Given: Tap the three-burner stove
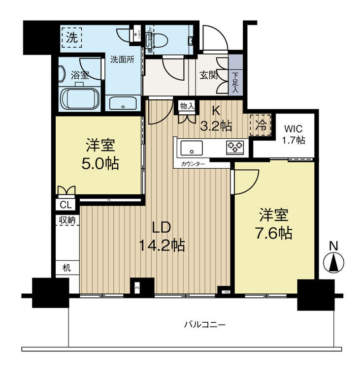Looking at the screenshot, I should [x=235, y=147].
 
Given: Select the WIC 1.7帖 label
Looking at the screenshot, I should [x=294, y=134].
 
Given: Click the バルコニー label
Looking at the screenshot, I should [x=204, y=325].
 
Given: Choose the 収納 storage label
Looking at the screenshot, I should [x=67, y=220].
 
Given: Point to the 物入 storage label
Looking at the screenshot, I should [x=187, y=106].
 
